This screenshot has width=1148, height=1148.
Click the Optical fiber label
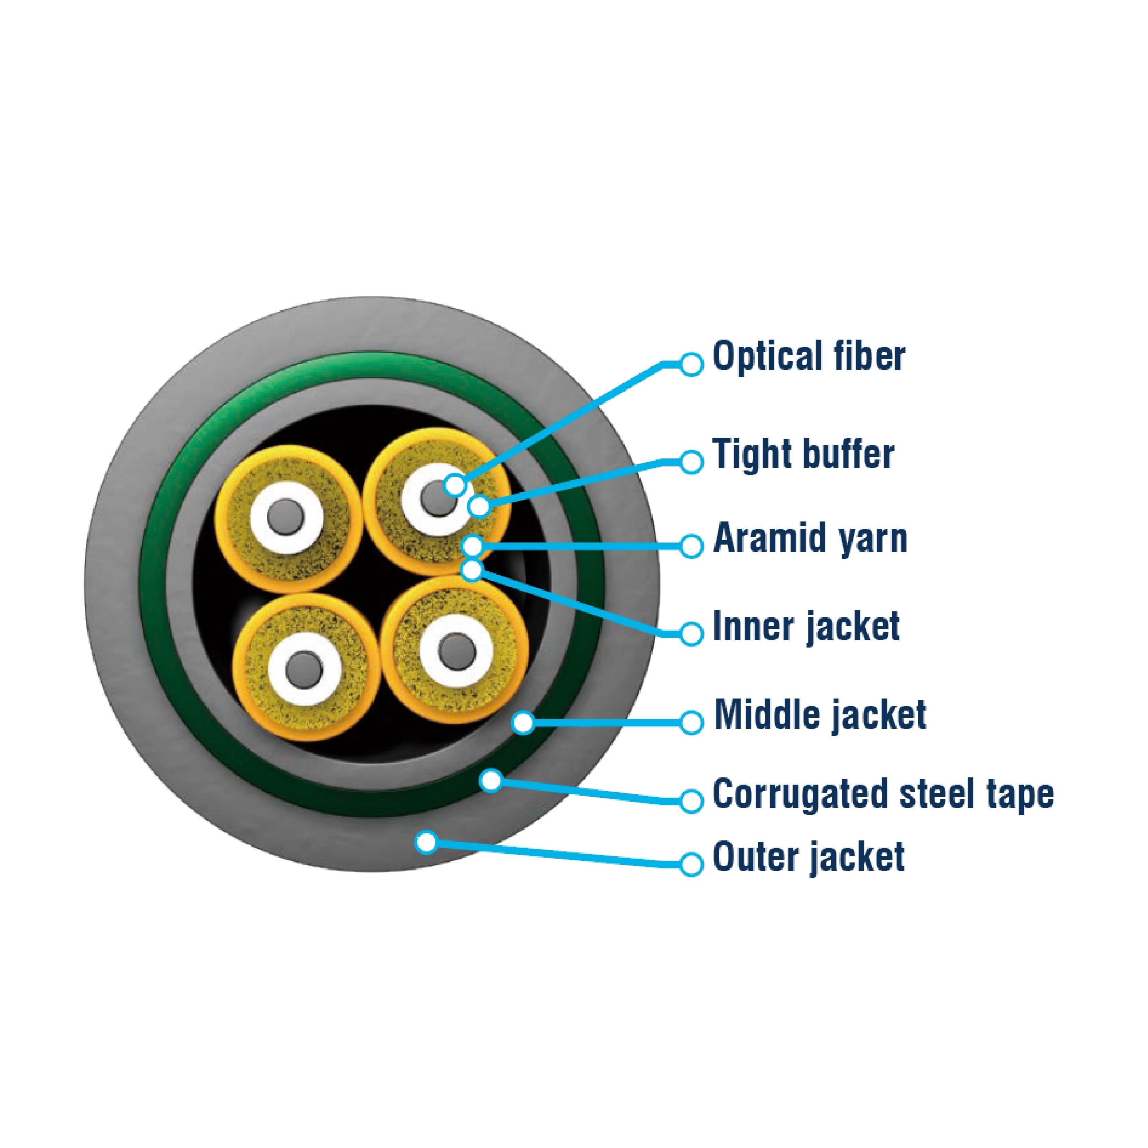click(808, 356)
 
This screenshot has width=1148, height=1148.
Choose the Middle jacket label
click(820, 714)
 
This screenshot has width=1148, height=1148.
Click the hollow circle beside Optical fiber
click(691, 364)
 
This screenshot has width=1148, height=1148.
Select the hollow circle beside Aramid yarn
click(691, 546)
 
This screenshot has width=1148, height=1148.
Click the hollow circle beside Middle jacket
click(691, 723)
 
